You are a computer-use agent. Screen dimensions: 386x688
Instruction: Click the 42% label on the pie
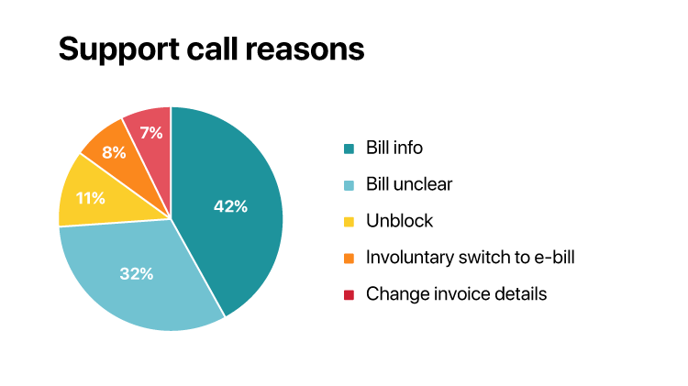point(230,206)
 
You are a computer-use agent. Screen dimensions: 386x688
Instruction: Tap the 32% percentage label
point(136,272)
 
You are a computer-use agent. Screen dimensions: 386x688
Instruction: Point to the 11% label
point(90,197)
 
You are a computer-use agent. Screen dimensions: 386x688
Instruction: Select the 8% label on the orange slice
point(114,152)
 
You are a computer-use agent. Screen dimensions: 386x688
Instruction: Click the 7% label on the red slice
point(150,133)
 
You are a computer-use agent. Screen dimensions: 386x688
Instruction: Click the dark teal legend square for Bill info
point(349,149)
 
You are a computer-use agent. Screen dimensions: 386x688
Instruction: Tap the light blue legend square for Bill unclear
point(349,185)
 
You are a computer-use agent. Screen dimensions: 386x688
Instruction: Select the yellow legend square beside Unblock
point(349,222)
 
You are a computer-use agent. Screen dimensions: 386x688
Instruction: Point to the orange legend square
point(349,259)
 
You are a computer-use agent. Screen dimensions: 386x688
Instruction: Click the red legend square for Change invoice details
point(349,295)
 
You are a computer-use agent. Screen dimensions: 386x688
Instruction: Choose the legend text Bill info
point(394,148)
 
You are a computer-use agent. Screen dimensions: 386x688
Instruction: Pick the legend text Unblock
point(399,221)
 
